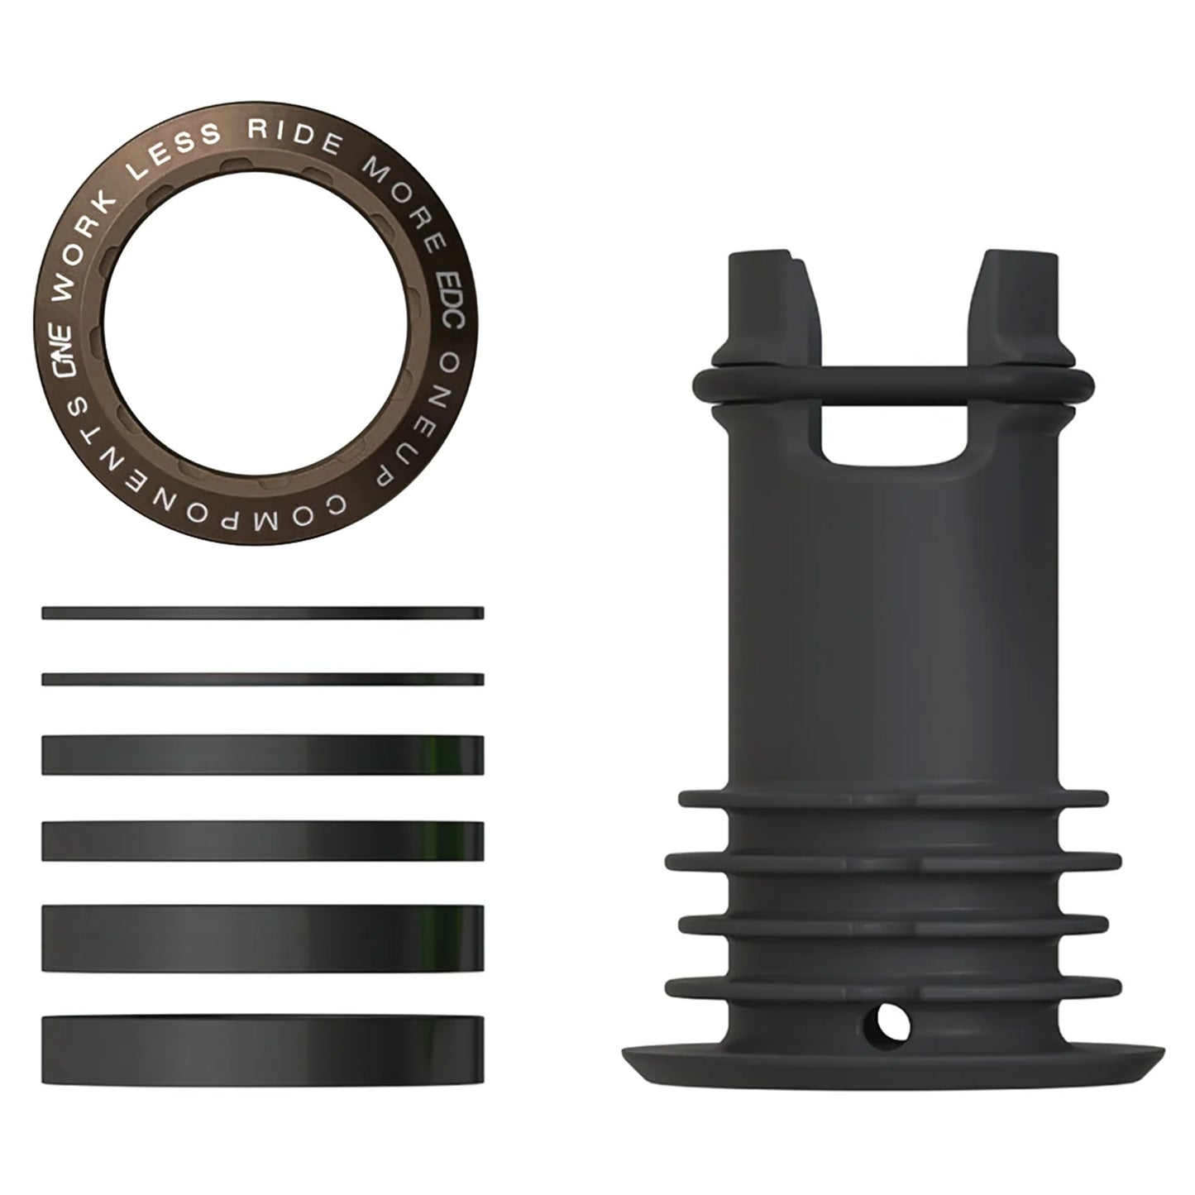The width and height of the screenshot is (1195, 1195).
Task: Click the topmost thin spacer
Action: pyautogui.click(x=262, y=613)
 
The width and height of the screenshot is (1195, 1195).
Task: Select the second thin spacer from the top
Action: pyautogui.click(x=262, y=679)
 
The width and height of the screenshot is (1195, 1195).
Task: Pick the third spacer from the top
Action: pyautogui.click(x=262, y=755)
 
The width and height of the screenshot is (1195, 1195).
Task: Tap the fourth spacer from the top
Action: pyautogui.click(x=262, y=841)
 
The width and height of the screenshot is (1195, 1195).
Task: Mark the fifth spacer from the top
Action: pyautogui.click(x=262, y=937)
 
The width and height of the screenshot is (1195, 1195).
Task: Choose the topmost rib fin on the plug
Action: pyautogui.click(x=893, y=799)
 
